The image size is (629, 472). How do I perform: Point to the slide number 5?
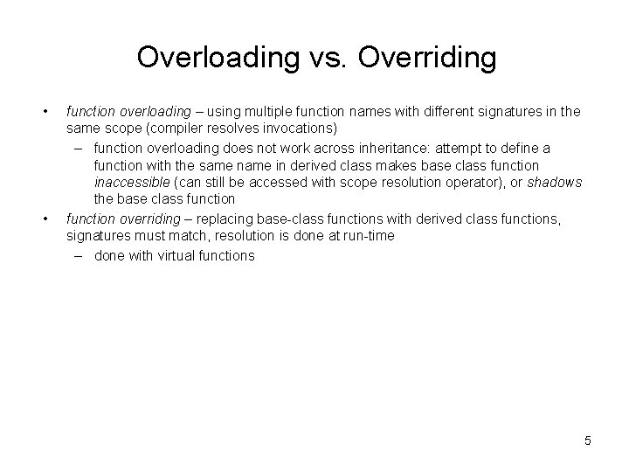click(588, 441)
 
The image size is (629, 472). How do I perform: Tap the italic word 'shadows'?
click(555, 182)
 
